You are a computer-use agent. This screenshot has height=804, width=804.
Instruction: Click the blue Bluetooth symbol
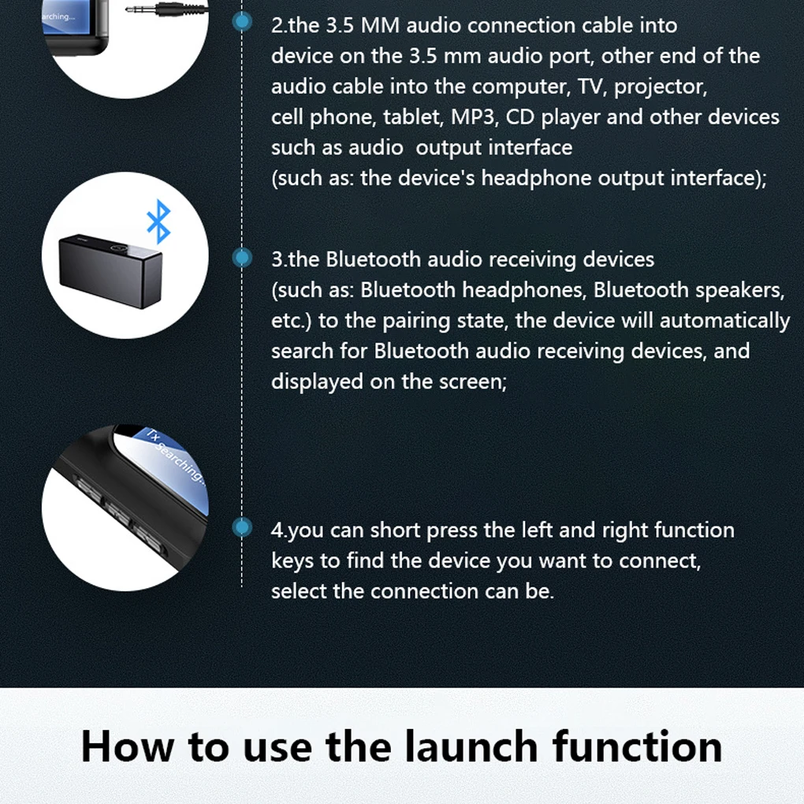click(x=158, y=221)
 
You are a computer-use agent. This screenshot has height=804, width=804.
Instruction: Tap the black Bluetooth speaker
click(x=111, y=271)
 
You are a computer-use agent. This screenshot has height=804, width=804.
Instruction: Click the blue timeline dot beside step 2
click(x=242, y=21)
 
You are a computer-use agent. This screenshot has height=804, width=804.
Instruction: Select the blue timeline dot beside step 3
click(x=242, y=258)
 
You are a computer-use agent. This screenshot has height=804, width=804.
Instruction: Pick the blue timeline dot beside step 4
click(x=242, y=527)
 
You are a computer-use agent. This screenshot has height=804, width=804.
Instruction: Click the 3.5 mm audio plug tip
click(x=129, y=9)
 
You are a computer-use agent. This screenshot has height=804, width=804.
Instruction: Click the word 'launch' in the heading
click(x=471, y=746)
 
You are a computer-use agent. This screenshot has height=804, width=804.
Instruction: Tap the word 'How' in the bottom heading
click(x=128, y=746)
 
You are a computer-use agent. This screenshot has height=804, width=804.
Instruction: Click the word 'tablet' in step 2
click(x=413, y=117)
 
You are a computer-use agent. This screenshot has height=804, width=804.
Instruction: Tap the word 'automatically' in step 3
click(x=725, y=321)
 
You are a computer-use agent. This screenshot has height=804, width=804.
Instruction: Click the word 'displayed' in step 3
click(x=317, y=382)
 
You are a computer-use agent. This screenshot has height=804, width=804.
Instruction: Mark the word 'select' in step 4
click(x=299, y=591)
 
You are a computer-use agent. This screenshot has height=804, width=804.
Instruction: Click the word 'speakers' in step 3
click(x=740, y=291)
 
